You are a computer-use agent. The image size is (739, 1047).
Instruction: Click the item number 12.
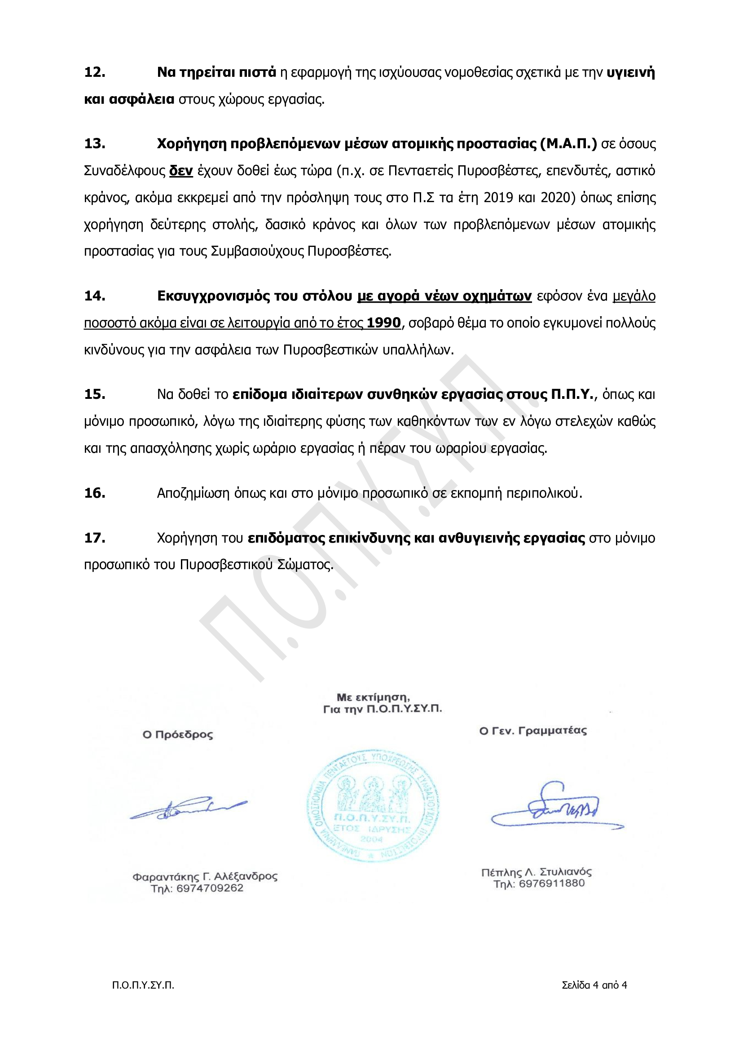tap(95, 72)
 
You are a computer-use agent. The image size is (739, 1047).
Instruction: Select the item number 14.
tap(95, 296)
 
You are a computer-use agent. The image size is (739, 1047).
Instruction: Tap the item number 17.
tap(95, 538)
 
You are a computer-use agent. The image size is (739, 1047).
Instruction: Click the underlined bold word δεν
tap(181, 171)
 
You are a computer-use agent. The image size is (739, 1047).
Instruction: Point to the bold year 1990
tap(383, 323)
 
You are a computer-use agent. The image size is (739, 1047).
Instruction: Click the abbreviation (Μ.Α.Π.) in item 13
tap(568, 144)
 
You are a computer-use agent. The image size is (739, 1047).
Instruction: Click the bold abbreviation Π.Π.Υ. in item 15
tap(572, 394)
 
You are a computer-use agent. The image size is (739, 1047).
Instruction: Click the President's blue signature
tap(188, 809)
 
